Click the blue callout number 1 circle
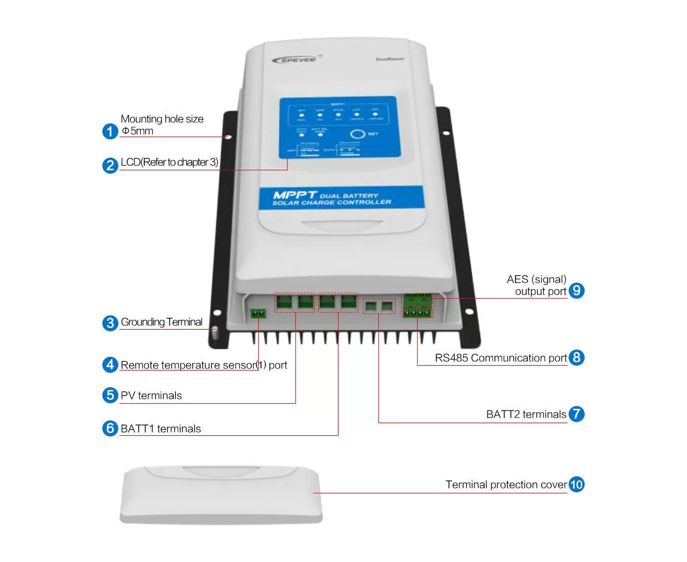coord(111,131)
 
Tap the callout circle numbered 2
coord(111,165)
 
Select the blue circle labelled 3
coord(111,322)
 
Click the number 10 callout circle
coord(576,485)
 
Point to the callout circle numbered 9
coord(576,290)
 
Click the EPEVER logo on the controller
coord(294,59)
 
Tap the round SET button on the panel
coord(357,134)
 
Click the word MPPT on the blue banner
coord(294,195)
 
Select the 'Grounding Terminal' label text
coord(162,322)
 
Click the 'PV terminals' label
coord(151,396)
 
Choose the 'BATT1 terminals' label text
coord(160,429)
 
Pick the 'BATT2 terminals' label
coord(526,414)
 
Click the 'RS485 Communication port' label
coord(501,358)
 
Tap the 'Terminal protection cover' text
coord(506,485)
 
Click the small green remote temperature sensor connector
coord(258,314)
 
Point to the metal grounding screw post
coord(215,332)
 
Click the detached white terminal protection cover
coord(221,494)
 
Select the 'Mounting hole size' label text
coord(162,119)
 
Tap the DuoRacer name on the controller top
coord(389,59)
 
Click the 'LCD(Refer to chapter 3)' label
coord(169,162)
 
